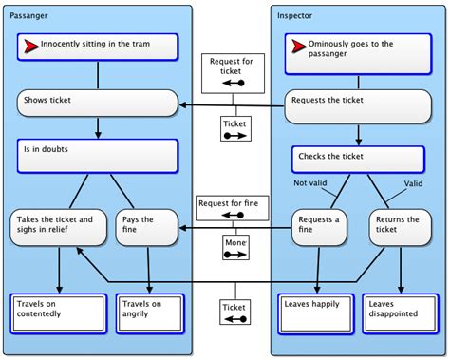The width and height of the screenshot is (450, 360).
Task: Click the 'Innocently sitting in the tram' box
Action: click(98, 47)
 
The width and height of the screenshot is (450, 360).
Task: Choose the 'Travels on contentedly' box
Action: click(59, 312)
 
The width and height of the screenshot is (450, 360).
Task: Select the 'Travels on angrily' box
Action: click(146, 312)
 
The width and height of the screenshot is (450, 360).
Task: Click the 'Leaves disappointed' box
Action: click(400, 312)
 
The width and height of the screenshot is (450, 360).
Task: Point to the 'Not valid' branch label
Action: click(311, 182)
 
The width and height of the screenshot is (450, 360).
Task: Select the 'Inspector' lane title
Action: click(295, 16)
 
